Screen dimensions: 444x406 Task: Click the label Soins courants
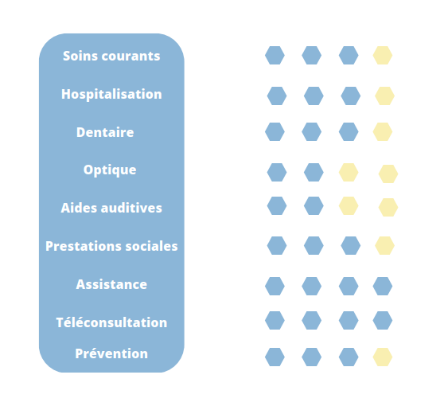[x=111, y=56]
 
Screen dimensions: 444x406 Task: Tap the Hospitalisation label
[x=111, y=95]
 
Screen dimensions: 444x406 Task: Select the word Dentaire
[x=105, y=132]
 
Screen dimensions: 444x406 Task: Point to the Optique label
[x=110, y=170]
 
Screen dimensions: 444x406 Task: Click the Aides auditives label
[x=111, y=208]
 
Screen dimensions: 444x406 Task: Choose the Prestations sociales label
[x=111, y=246]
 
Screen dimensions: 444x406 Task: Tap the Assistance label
[x=111, y=284]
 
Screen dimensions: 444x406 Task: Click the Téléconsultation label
[x=111, y=322]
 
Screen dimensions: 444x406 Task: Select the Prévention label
[x=111, y=353]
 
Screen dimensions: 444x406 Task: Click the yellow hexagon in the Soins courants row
[x=383, y=55]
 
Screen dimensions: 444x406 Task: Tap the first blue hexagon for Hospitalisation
[x=277, y=96]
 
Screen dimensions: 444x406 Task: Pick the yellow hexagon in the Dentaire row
[x=383, y=131]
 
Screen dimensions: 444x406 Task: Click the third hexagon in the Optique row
[x=349, y=172]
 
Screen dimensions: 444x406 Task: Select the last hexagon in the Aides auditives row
[x=388, y=207]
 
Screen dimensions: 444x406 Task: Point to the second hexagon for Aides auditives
[x=314, y=205]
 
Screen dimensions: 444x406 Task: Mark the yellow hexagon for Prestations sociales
[x=384, y=246]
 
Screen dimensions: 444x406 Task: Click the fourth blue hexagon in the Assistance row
[x=383, y=286]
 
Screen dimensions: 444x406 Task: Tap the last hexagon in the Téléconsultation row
[x=383, y=321]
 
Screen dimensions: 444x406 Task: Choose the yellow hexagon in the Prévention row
[x=383, y=357]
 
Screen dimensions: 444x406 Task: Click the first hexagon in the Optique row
[x=277, y=172]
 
